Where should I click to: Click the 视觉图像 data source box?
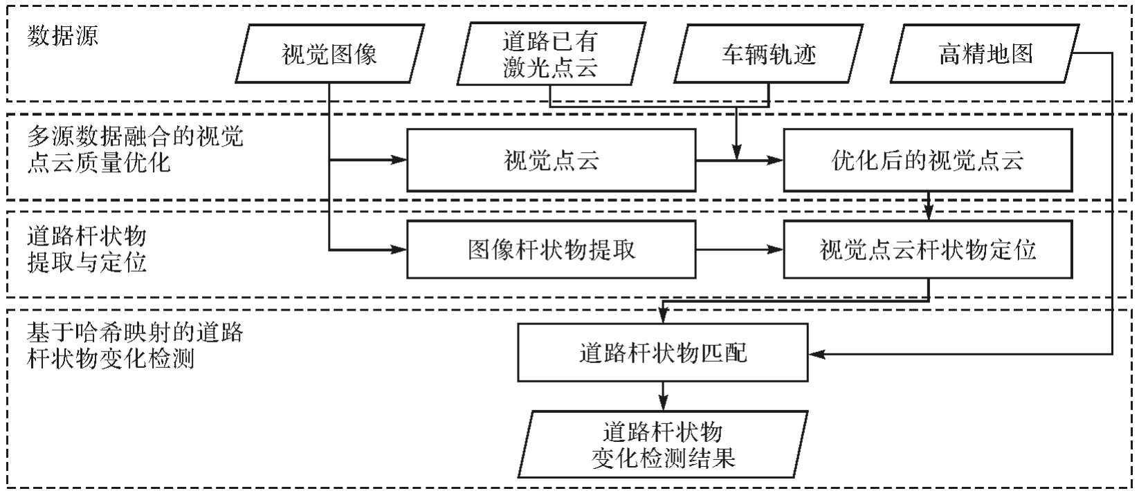[x=329, y=54]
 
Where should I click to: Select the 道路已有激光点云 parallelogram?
[x=550, y=54]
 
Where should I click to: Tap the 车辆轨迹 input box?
[x=769, y=54]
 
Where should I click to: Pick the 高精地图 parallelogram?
[x=985, y=54]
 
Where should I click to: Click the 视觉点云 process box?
[x=551, y=160]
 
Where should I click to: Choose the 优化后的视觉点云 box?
[x=927, y=160]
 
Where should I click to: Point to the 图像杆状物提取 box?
[x=551, y=250]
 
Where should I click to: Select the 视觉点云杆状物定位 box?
[x=927, y=250]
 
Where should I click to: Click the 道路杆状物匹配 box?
[x=663, y=353]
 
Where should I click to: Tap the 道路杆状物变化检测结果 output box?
[x=663, y=445]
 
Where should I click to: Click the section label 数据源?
[x=63, y=36]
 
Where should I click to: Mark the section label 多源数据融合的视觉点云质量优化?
[x=135, y=149]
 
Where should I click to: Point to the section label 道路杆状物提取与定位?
[x=87, y=250]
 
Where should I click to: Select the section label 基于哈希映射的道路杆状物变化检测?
[x=135, y=346]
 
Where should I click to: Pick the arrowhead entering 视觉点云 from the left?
[x=399, y=160]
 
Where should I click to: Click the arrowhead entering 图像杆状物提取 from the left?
[x=399, y=250]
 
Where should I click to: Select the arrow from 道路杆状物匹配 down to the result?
[x=663, y=396]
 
